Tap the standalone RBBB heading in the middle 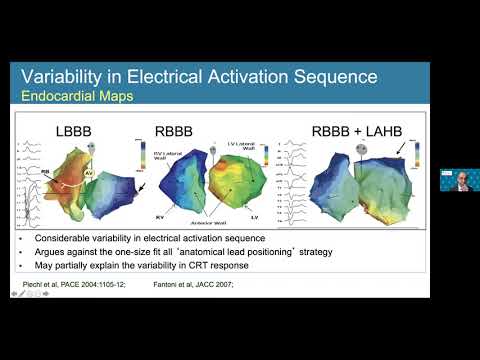[179, 128]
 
